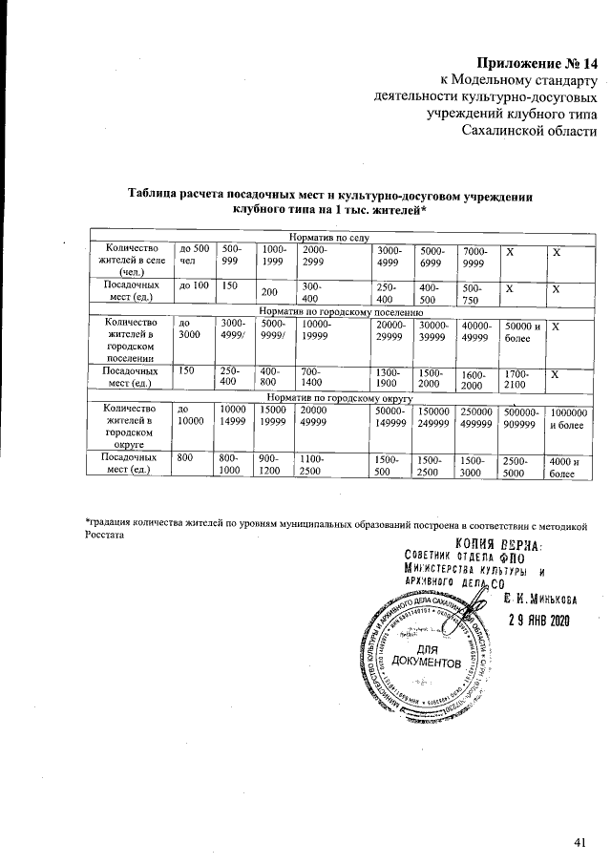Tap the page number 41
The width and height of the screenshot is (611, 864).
[x=579, y=841]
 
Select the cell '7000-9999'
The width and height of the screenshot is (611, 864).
[x=476, y=254]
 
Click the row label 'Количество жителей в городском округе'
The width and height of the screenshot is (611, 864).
[x=127, y=425]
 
